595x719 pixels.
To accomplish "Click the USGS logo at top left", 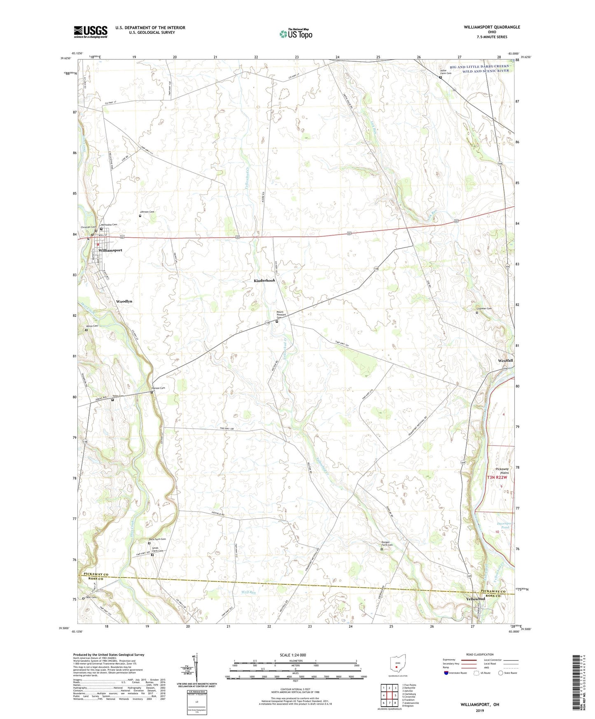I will (x=90, y=32).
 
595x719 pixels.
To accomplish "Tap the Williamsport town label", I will (x=110, y=250).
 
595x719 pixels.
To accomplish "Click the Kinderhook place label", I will (x=264, y=280).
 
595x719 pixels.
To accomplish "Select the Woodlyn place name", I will (x=124, y=301).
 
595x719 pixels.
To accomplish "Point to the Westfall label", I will (x=505, y=360).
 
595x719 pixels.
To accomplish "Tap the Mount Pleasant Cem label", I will (x=280, y=315).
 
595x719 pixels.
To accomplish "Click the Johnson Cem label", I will (x=147, y=212).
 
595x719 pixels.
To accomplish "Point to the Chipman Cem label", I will (x=484, y=308).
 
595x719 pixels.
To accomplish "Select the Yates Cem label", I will (x=118, y=396).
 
